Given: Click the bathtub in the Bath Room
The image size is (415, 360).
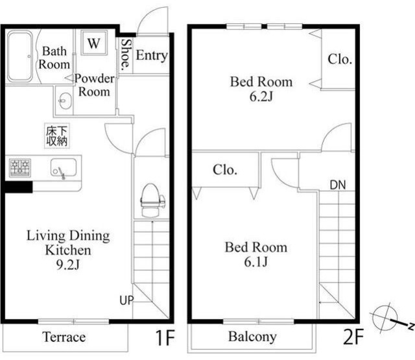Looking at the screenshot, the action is pos(20,56).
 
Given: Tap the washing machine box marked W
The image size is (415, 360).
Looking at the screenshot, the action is pos(94,43).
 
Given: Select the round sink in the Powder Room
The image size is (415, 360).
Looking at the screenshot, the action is pos(65,101).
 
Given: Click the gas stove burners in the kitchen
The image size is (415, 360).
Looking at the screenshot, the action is pos(20,168).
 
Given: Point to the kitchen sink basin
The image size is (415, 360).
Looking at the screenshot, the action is pos(64,167).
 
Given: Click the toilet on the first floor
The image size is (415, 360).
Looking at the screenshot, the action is pos(151,200).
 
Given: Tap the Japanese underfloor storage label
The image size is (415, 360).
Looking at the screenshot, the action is pos(57,136).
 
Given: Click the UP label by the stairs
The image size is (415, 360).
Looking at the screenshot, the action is pos(126,300).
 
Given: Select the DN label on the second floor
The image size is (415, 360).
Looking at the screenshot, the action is pos(338,185).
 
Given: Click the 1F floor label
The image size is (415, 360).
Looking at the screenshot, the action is pos(164,337).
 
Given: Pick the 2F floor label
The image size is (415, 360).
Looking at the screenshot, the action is pos(353,337).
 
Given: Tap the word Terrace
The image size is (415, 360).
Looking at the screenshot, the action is pos(64,337).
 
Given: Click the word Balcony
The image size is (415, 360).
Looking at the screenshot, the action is pos(252,337).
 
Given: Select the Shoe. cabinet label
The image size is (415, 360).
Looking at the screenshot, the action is pos(126,54).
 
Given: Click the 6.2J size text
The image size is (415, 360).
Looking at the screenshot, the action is pos(261,97).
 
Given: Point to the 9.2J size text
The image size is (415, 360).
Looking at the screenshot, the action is pos(68,264).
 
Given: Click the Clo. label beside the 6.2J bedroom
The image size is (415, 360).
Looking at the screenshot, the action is pos(340,59).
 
